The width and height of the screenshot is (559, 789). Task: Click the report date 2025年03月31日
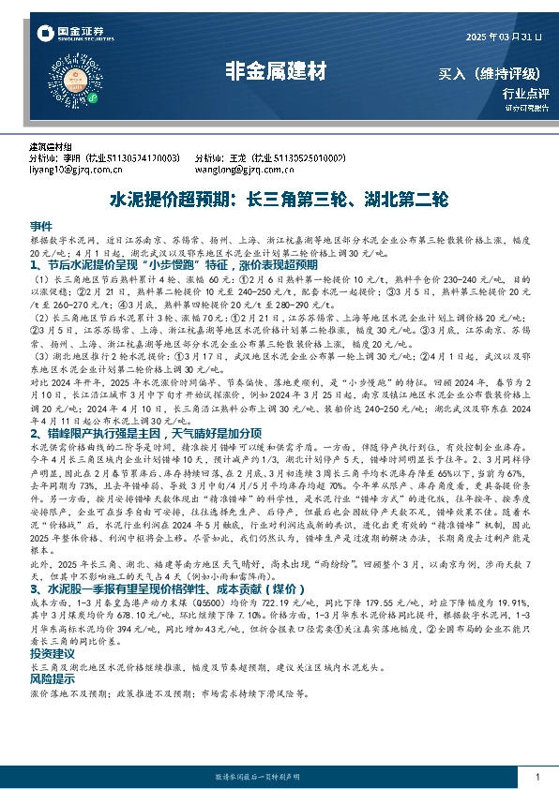pos(503,37)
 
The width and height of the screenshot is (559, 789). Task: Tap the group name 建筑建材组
pos(50,148)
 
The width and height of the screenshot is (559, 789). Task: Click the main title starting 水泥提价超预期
pos(279,200)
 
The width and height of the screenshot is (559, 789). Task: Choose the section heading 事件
pos(41,228)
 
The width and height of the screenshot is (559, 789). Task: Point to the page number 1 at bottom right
pos(536,777)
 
